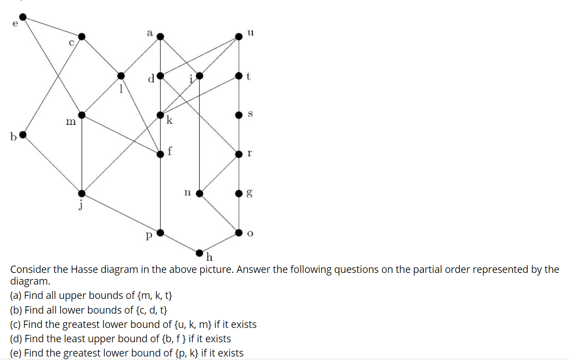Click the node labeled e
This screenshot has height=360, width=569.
(23, 17)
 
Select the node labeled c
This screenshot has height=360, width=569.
(81, 36)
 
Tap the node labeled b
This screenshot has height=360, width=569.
(23, 135)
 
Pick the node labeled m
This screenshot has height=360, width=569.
(81, 115)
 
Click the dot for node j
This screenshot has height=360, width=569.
(81, 193)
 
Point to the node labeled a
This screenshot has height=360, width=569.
(160, 36)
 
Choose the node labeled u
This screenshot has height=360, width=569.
(239, 36)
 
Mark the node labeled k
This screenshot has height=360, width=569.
(160, 115)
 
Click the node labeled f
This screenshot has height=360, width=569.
(160, 154)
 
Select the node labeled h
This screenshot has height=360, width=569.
(199, 252)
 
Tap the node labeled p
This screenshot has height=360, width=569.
(160, 233)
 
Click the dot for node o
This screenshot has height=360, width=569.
(239, 233)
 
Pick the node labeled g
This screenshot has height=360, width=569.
(239, 193)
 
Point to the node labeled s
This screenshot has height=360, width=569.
(239, 115)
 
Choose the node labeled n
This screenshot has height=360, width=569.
(199, 193)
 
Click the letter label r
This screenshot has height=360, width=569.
(249, 154)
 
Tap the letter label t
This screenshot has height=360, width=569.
(248, 76)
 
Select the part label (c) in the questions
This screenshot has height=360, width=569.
(16, 324)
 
